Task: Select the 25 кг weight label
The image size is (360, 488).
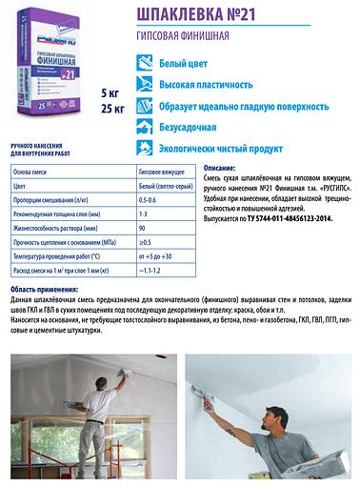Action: point(113,109)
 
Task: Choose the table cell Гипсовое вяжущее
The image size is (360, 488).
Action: point(161,173)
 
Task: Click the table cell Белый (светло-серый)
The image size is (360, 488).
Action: point(164,187)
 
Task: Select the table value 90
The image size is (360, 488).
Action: point(143,229)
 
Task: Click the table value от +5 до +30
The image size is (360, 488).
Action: point(157,257)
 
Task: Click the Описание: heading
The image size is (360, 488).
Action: point(220,167)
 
